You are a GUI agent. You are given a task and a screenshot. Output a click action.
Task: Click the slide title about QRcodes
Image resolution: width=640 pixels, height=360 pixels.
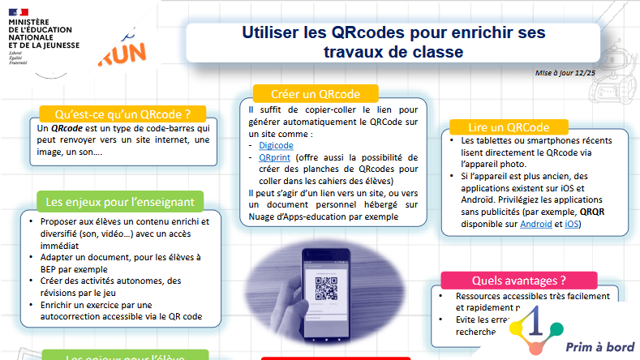393,42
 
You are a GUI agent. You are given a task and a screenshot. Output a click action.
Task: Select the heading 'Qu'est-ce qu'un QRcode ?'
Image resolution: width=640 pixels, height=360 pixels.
122,114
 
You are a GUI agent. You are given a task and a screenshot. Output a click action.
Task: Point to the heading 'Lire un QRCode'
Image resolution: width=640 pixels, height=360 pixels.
509,127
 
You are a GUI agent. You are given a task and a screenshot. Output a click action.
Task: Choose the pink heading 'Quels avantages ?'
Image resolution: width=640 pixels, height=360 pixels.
518,281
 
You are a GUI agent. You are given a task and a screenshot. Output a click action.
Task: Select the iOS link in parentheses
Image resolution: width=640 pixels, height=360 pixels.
572,224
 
